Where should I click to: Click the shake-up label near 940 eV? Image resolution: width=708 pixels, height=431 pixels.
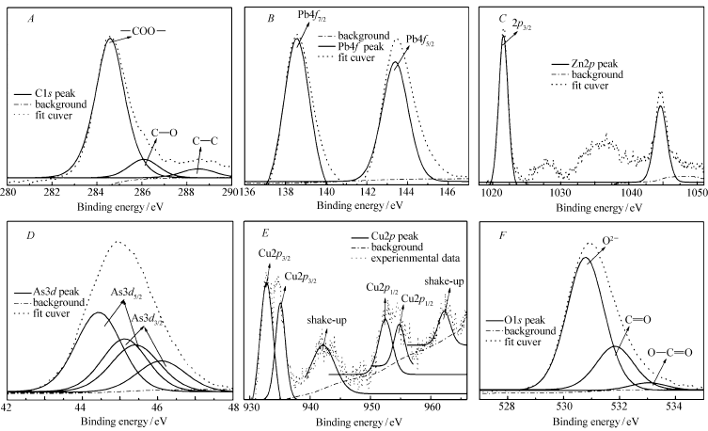(315, 321)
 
